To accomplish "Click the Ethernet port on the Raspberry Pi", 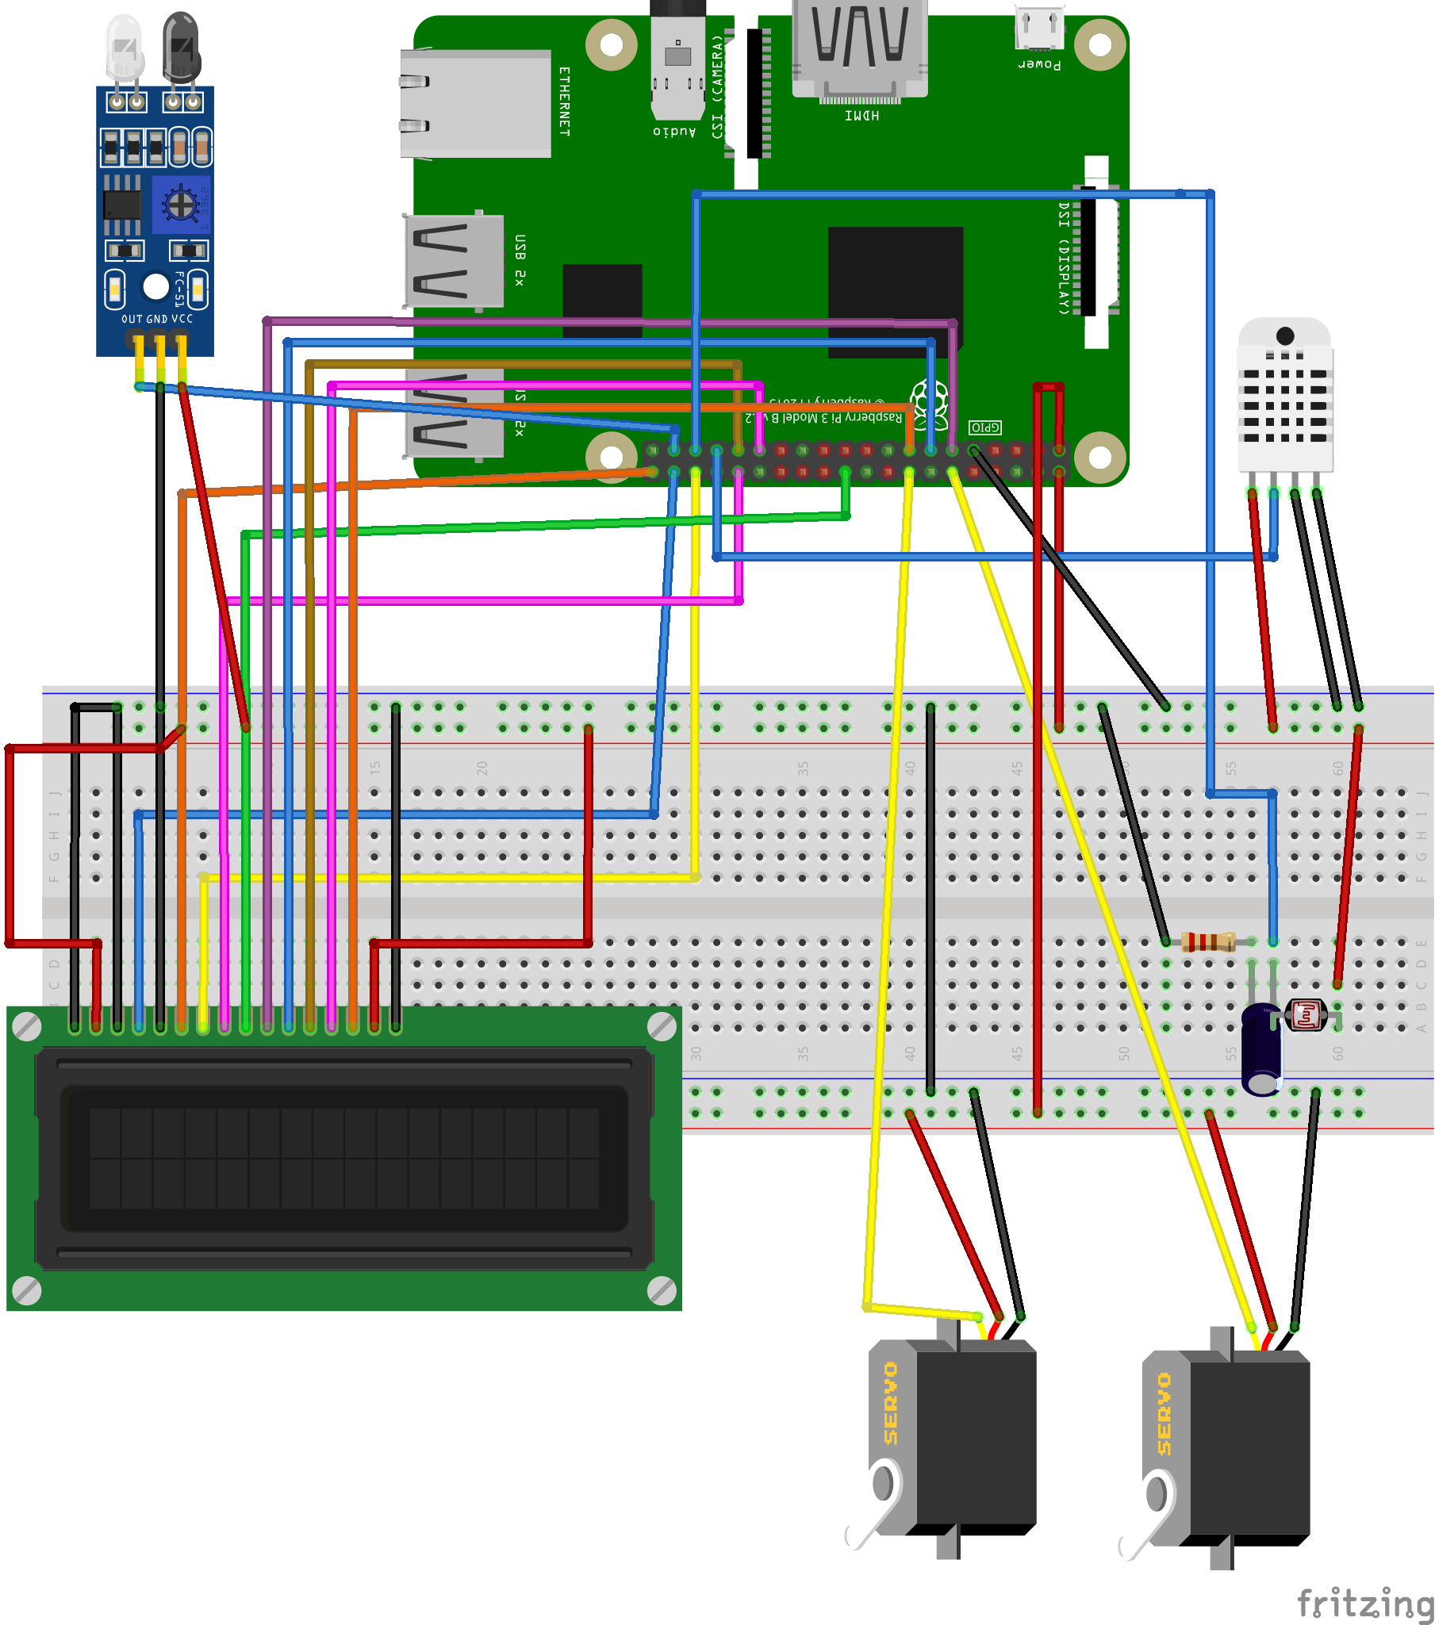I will tap(475, 103).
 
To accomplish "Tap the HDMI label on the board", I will tap(861, 116).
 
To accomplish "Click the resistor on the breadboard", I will tap(1207, 942).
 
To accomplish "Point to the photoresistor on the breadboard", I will tap(1306, 1015).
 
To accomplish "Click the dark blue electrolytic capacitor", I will tap(1262, 1048).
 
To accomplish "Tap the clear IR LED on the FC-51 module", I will tap(125, 48).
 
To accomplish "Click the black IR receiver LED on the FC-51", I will tap(182, 48).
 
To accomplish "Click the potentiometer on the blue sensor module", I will tap(181, 205).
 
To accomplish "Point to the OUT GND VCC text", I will tap(156, 319).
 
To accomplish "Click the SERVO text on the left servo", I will tap(890, 1403).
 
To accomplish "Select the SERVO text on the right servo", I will tap(1164, 1414).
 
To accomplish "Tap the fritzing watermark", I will tap(1364, 1603).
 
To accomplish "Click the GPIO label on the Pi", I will tap(985, 427).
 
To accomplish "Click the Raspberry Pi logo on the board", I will tap(930, 401).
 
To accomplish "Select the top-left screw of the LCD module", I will tap(27, 1026).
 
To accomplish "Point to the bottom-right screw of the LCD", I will tap(662, 1290).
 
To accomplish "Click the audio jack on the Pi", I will tap(677, 63).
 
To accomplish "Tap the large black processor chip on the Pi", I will tap(895, 290).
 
